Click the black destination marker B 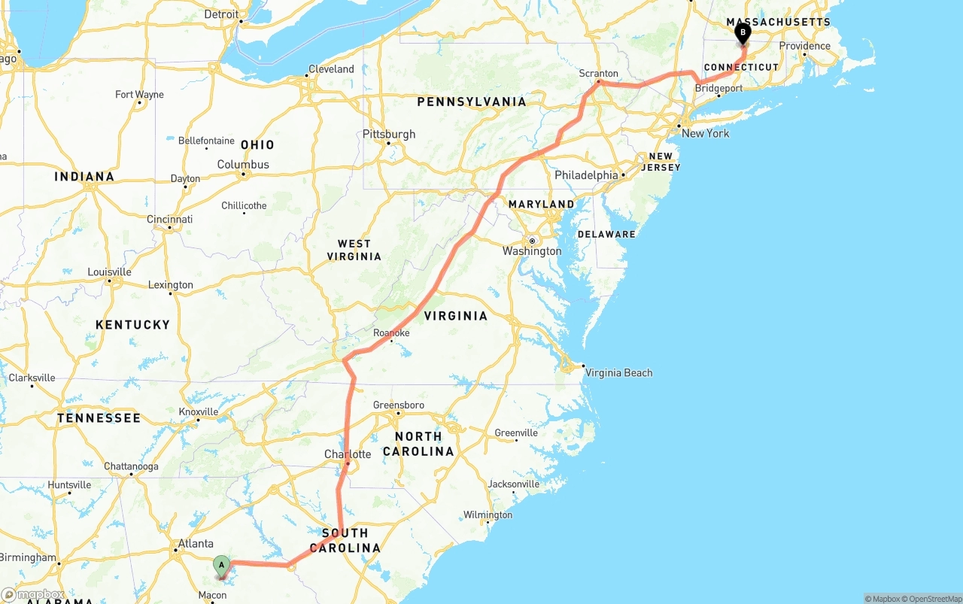743,32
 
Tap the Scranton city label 598,74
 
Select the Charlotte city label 348,454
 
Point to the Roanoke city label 391,332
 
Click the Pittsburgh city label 389,134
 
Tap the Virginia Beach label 618,372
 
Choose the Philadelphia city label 586,175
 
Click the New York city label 705,133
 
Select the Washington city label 532,250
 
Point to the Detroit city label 221,14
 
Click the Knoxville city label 199,411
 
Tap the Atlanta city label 196,543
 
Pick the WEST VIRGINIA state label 354,250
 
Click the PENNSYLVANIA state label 472,102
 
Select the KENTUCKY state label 132,324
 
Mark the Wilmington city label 488,514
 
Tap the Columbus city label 243,164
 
